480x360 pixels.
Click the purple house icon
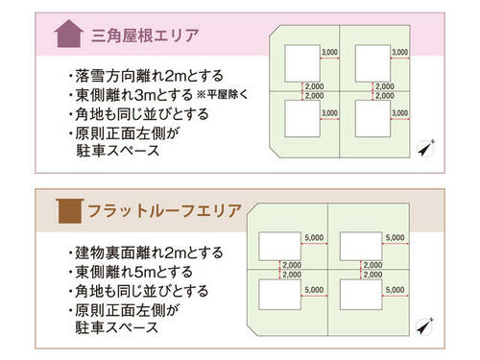pyautogui.click(x=69, y=34)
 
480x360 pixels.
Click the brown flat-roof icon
pyautogui.click(x=70, y=211)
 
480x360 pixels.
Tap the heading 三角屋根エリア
pyautogui.click(x=145, y=35)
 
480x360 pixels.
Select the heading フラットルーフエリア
pyautogui.click(x=164, y=210)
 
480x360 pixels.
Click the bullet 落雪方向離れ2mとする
pyautogui.click(x=146, y=76)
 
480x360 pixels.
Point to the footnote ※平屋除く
pyautogui.click(x=222, y=94)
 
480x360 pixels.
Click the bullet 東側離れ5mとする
pyautogui.click(x=131, y=272)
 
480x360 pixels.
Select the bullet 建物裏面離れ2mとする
pyautogui.click(x=146, y=252)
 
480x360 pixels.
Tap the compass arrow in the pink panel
pyautogui.click(x=426, y=148)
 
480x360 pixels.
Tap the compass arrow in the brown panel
pyautogui.click(x=425, y=326)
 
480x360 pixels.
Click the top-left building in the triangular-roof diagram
pyautogui.click(x=302, y=63)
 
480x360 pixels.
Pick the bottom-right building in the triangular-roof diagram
pyautogui.click(x=372, y=119)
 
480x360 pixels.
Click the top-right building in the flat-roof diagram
pyautogui.click(x=361, y=247)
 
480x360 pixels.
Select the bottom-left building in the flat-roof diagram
pyautogui.click(x=280, y=295)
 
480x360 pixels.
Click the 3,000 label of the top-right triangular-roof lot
pyautogui.click(x=400, y=52)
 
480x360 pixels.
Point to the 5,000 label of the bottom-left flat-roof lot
pyautogui.click(x=314, y=290)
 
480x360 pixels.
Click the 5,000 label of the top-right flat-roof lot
pyautogui.click(x=396, y=237)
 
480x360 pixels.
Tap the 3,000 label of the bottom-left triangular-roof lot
pyautogui.click(x=329, y=113)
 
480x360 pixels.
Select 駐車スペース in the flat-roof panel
pyautogui.click(x=117, y=327)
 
